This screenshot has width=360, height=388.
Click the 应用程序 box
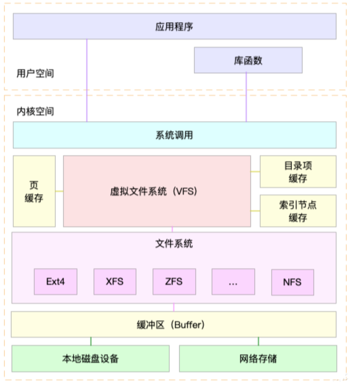pyautogui.click(x=174, y=26)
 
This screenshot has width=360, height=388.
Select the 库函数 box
pyautogui.click(x=248, y=60)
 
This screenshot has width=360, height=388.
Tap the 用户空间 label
pyautogui.click(x=35, y=73)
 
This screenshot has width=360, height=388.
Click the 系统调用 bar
pyautogui.click(x=174, y=135)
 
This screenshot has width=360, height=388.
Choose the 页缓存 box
pyautogui.click(x=34, y=191)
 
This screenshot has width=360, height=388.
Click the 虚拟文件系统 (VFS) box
pyautogui.click(x=156, y=191)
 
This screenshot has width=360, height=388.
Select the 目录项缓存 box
pyautogui.click(x=298, y=172)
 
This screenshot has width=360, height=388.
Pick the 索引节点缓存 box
pyautogui.click(x=298, y=211)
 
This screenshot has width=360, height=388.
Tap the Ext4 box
pyautogui.click(x=56, y=281)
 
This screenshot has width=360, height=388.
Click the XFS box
pyautogui.click(x=114, y=281)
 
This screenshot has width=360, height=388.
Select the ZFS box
pyautogui.click(x=174, y=281)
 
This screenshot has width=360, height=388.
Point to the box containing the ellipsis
pyautogui.click(x=233, y=281)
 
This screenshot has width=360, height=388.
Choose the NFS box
pyautogui.click(x=292, y=282)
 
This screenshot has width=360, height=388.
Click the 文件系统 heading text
pyautogui.click(x=174, y=244)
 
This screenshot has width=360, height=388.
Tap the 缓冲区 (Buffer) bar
pyautogui.click(x=174, y=324)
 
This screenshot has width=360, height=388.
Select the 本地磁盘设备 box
pyautogui.click(x=90, y=359)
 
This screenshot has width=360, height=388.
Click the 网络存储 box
pyautogui.click(x=258, y=359)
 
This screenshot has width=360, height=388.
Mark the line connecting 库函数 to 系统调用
pyautogui.click(x=246, y=97)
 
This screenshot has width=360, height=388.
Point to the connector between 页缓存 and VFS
pyautogui.click(x=59, y=191)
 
